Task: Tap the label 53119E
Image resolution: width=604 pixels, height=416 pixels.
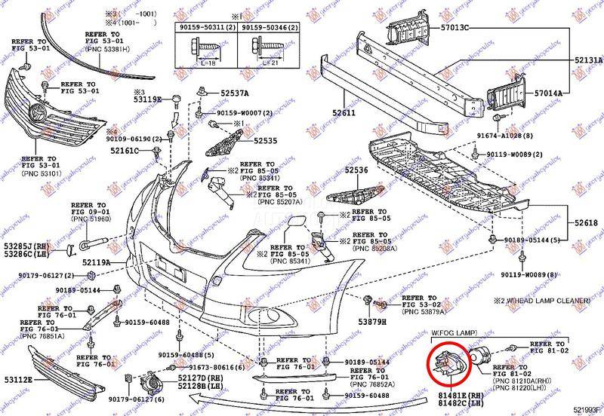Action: click(148, 99)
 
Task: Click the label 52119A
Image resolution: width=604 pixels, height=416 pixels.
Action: click(97, 262)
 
